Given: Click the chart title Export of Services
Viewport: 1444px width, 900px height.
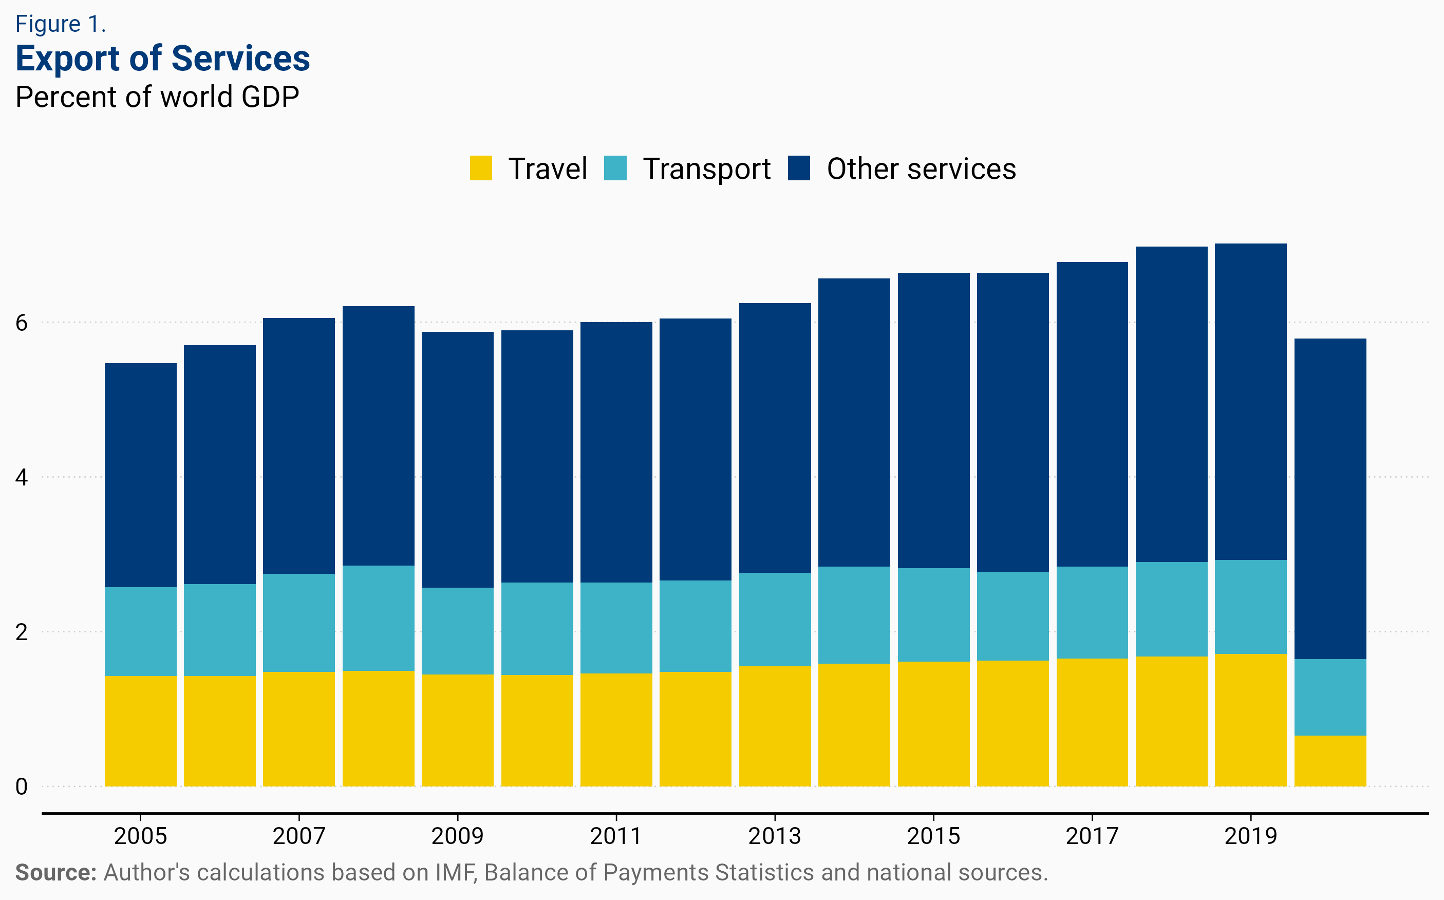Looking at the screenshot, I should tap(162, 59).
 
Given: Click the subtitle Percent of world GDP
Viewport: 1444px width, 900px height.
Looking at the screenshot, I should tap(157, 97).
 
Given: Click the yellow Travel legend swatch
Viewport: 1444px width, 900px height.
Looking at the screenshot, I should tap(480, 168).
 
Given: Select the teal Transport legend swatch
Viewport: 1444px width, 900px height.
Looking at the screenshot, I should tap(615, 168).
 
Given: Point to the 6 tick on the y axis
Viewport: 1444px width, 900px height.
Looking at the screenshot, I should tap(22, 323).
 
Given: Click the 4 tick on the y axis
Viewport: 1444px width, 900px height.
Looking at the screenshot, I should tap(22, 477).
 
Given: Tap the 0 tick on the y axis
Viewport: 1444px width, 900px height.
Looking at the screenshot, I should tap(22, 787).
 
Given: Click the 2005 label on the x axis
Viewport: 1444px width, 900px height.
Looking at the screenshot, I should tap(140, 836).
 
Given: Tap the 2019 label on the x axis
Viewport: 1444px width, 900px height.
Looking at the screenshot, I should tap(1250, 836).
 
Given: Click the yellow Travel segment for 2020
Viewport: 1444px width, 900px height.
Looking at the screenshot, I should tap(1330, 761).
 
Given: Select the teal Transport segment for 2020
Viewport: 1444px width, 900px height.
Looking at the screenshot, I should tap(1330, 697).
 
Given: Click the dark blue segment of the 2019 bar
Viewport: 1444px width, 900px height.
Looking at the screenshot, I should tap(1250, 402).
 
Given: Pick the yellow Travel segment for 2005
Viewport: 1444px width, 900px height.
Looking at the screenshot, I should tap(140, 731).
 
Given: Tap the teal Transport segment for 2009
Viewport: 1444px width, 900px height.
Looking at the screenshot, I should tap(457, 631).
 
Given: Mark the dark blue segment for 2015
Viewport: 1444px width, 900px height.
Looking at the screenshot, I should tap(933, 420).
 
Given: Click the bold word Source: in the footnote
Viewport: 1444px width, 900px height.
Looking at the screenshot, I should tap(55, 873).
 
